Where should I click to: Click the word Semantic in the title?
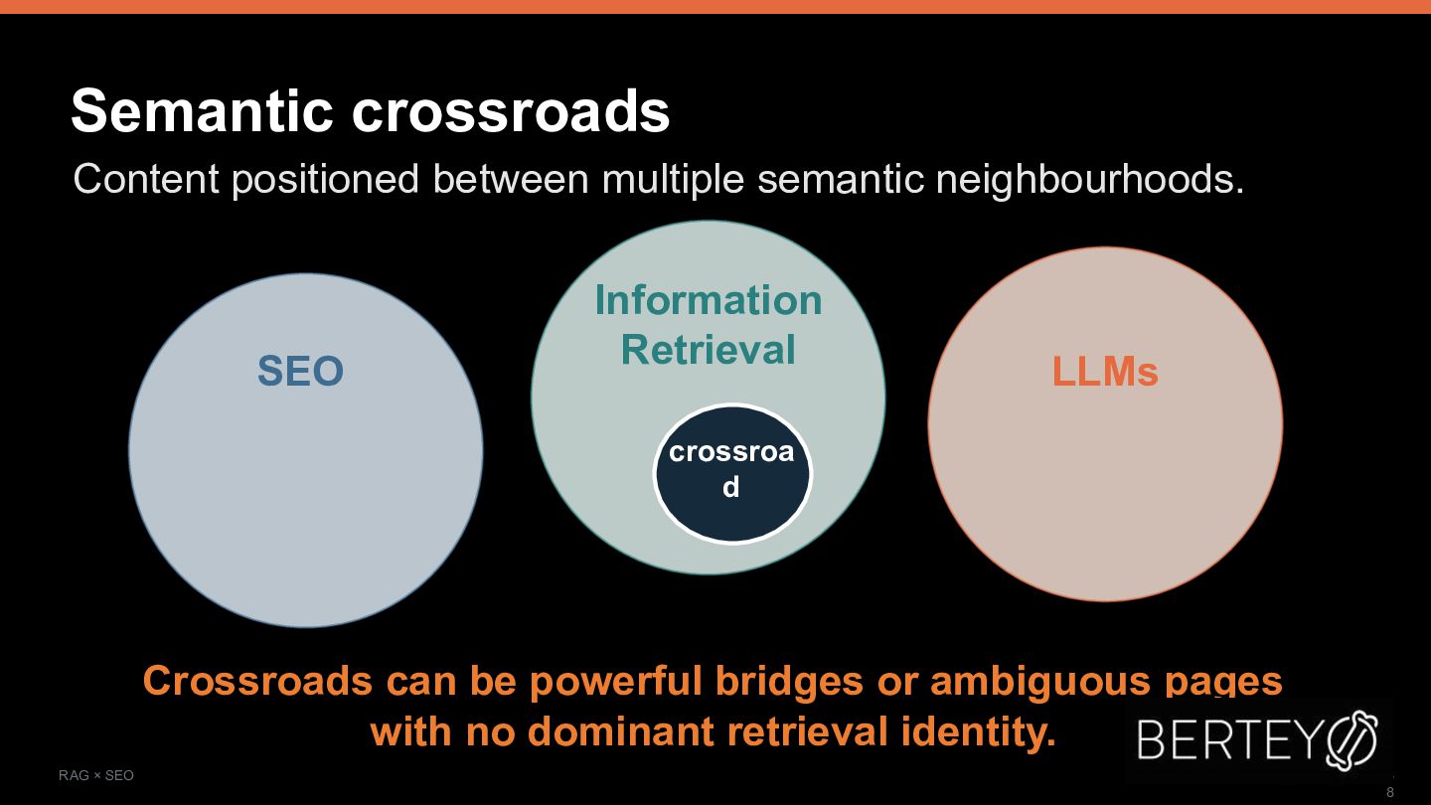tap(203, 110)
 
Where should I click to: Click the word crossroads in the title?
tap(511, 111)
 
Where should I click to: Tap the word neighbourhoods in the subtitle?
tap(1090, 179)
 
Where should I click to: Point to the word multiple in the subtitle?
tap(673, 179)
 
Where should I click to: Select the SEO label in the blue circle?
tap(300, 371)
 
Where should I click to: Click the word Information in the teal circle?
tap(708, 300)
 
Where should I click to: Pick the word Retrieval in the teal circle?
tap(708, 350)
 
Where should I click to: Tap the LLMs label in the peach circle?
tap(1105, 372)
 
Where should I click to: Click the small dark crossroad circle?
tap(732, 473)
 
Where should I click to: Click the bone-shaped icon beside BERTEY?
tap(1351, 738)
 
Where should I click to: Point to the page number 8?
tap(1390, 792)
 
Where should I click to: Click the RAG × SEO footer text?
tap(95, 775)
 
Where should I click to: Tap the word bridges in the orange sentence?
tap(789, 681)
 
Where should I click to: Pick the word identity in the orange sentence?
tap(979, 733)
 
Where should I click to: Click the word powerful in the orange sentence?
tap(616, 681)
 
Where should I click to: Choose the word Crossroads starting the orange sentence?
tap(257, 681)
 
